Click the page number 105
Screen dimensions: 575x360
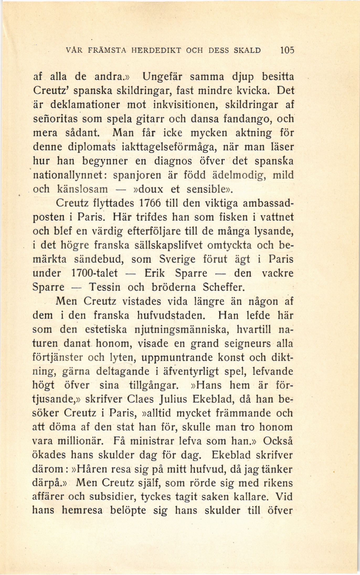point(287,50)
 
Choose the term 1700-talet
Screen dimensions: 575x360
point(94,273)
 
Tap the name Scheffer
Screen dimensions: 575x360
point(224,287)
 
